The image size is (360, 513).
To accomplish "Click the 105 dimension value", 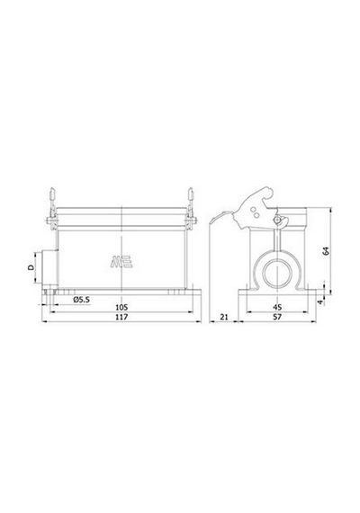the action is coord(121,308).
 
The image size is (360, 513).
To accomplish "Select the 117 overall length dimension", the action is coord(121,317).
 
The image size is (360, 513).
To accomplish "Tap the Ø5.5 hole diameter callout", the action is coord(82,300).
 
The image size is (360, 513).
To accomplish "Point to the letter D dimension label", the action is coord(31,267).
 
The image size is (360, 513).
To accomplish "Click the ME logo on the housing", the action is coord(121,261).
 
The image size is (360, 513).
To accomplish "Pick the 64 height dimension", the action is coord(326,251).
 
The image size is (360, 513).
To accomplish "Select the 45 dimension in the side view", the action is coord(277,308).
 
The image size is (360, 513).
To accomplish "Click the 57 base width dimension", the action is coord(277,317).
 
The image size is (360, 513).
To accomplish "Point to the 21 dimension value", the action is coord(224,317).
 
